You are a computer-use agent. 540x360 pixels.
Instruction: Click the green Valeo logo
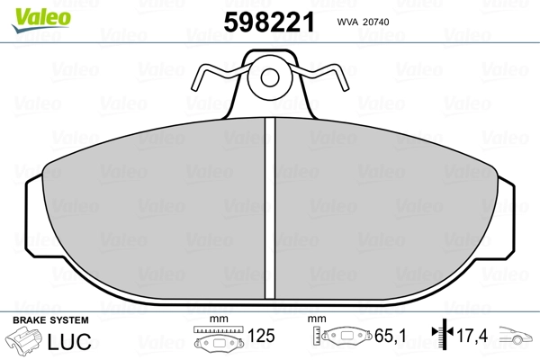pyautogui.click(x=41, y=20)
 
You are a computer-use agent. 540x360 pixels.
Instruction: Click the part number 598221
pyautogui.click(x=269, y=22)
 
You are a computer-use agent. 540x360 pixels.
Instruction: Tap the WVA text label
pyautogui.click(x=347, y=22)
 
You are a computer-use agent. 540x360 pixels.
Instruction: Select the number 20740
pyautogui.click(x=376, y=22)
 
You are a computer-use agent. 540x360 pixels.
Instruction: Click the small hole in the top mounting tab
pyautogui.click(x=270, y=77)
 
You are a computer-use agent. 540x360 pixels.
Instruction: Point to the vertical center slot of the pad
pyautogui.click(x=270, y=208)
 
